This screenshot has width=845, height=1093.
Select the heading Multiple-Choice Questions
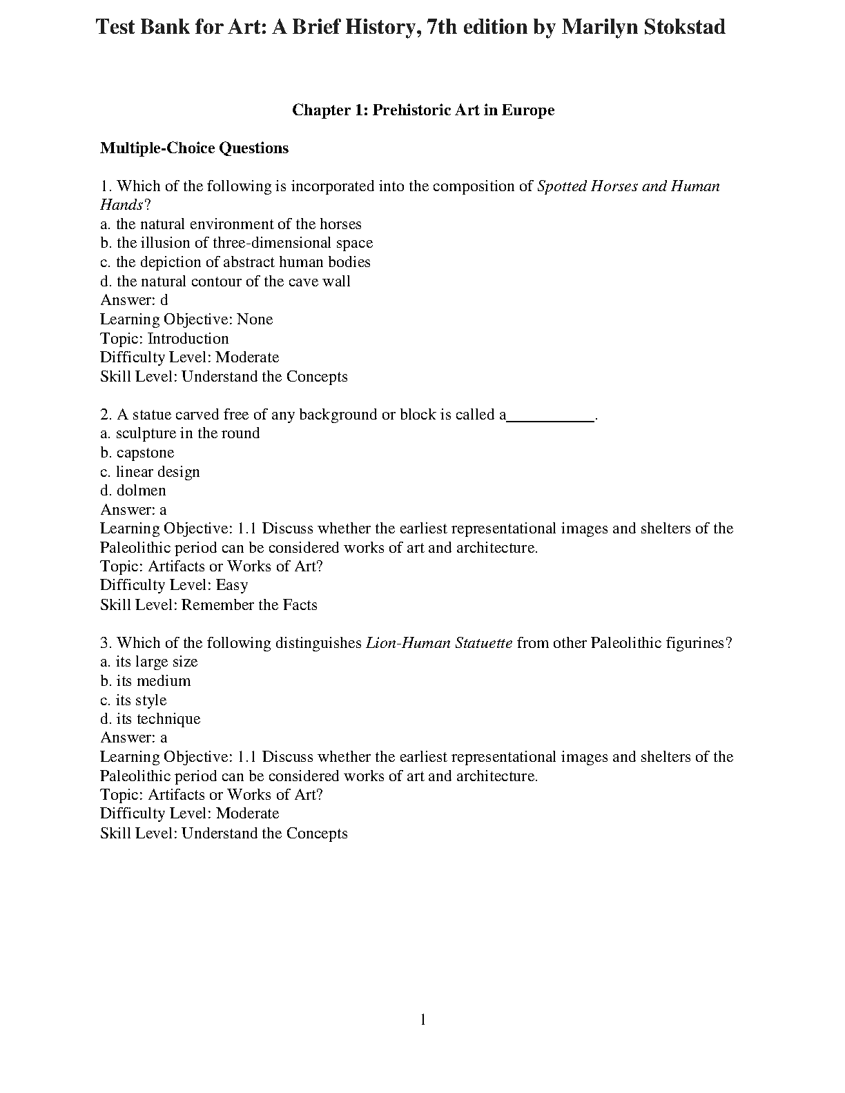[194, 148]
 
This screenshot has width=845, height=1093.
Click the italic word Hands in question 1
[122, 205]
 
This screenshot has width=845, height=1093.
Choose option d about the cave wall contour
[225, 282]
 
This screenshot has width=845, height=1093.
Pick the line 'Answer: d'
[134, 300]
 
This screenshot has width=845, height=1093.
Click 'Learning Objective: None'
[186, 319]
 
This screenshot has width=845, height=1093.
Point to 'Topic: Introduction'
[164, 339]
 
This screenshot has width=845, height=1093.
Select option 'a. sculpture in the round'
[179, 433]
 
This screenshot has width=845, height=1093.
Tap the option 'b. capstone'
[137, 453]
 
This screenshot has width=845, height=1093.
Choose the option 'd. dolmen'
[133, 491]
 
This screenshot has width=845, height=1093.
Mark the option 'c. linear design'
[150, 472]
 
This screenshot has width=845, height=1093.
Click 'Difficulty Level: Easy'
[173, 585]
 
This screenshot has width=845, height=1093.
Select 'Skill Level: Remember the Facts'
[208, 605]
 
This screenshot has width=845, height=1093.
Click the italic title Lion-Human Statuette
[438, 643]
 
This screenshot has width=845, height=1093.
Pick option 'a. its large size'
[148, 662]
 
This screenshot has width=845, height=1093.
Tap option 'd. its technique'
[150, 719]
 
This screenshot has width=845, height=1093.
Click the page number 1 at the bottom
[422, 1020]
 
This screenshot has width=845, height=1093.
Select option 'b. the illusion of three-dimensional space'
[236, 243]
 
